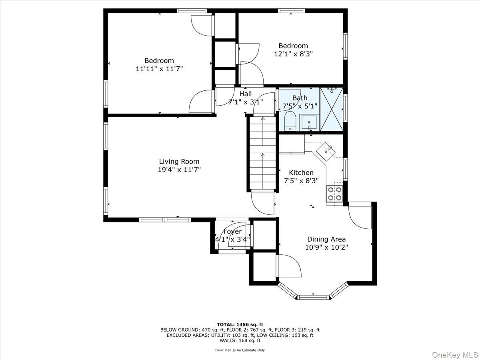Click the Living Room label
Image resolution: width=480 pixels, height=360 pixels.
pyautogui.click(x=179, y=162)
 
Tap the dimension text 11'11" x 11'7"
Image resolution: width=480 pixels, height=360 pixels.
pyautogui.click(x=159, y=69)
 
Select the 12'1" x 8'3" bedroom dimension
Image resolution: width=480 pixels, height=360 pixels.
pyautogui.click(x=293, y=54)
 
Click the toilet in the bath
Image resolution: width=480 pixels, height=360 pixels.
pyautogui.click(x=290, y=121)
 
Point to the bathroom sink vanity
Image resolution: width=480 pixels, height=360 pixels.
pyautogui.click(x=309, y=122)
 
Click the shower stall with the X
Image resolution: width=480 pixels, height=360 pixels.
pyautogui.click(x=332, y=110)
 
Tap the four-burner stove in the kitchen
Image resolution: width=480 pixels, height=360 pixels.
pyautogui.click(x=334, y=194)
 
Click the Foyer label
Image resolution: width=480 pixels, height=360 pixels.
pyautogui.click(x=232, y=232)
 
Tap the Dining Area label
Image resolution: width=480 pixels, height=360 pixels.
pyautogui.click(x=326, y=239)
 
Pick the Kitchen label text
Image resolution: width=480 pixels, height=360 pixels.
pyautogui.click(x=301, y=172)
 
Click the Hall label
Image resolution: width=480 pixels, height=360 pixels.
pyautogui.click(x=246, y=94)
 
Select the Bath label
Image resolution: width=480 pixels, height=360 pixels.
pyautogui.click(x=300, y=98)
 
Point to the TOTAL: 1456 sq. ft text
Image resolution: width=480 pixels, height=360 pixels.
pyautogui.click(x=240, y=324)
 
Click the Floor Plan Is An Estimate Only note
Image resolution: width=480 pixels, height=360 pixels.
pyautogui.click(x=240, y=350)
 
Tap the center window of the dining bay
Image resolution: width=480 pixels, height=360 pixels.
pyautogui.click(x=313, y=297)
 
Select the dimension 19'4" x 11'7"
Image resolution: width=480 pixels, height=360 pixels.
pyautogui.click(x=179, y=170)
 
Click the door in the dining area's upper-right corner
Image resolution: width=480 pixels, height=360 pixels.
pyautogui.click(x=360, y=216)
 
